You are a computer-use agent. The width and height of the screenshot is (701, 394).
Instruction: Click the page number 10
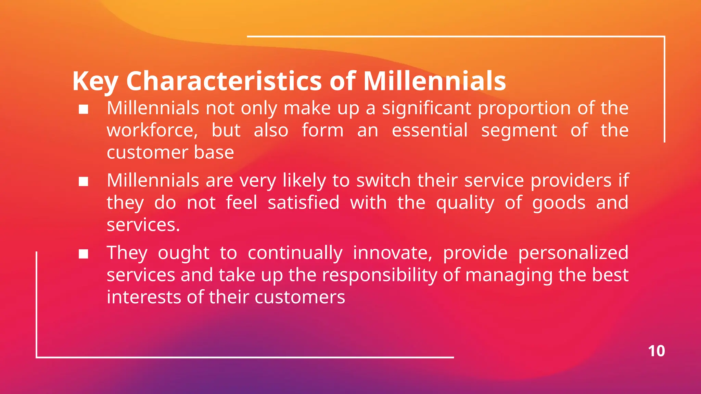[x=656, y=351]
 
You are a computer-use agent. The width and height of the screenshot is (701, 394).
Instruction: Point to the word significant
[x=426, y=108]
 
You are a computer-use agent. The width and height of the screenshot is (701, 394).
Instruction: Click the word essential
[x=430, y=131]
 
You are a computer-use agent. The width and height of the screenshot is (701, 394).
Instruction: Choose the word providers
[x=571, y=181]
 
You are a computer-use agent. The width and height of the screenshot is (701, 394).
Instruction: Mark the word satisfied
[x=303, y=202]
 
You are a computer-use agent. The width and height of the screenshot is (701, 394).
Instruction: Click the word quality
[x=465, y=203]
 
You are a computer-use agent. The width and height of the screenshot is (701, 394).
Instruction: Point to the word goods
[x=559, y=203]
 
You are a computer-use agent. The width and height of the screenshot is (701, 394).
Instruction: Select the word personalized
[x=573, y=253]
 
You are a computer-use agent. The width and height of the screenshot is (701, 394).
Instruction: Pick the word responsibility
[x=379, y=275]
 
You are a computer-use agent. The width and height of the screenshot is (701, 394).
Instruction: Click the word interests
[x=143, y=297]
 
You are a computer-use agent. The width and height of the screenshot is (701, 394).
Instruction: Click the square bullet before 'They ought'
[x=84, y=254]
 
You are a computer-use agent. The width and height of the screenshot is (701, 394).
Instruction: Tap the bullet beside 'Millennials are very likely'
[x=84, y=182]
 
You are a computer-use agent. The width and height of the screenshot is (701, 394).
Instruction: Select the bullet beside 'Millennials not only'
[x=84, y=109]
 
